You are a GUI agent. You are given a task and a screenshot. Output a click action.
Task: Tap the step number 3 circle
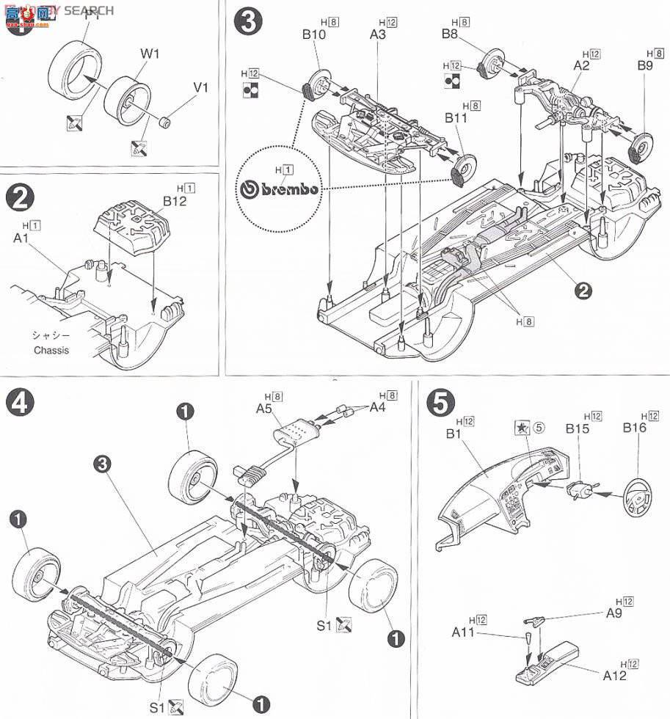click(247, 22)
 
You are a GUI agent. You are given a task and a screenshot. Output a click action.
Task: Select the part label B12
click(176, 201)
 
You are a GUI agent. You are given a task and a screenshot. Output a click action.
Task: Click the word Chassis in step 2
click(51, 350)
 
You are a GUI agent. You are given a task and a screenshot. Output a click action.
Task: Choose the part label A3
click(379, 35)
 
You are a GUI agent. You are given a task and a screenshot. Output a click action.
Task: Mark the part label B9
click(645, 65)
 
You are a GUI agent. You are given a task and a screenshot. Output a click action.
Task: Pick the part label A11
click(465, 632)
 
